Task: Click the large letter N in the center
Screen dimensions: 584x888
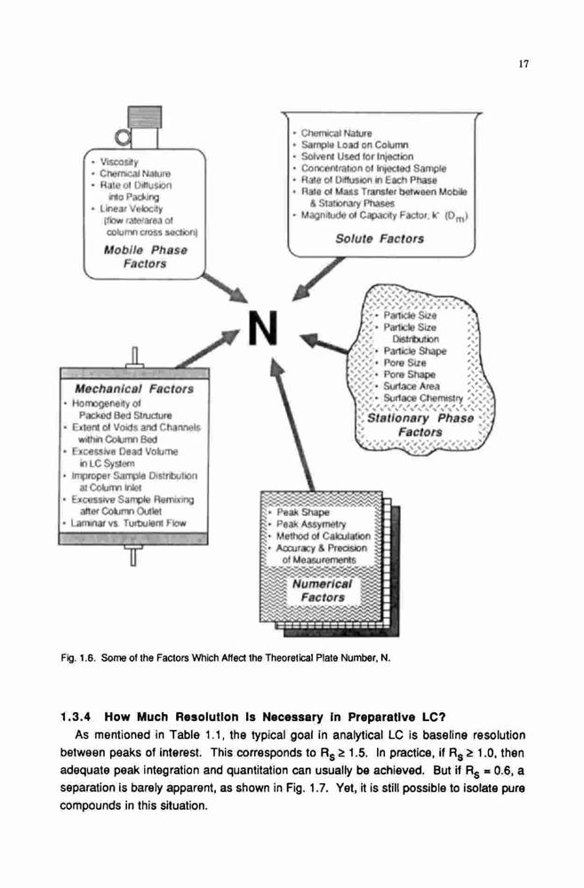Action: click(263, 328)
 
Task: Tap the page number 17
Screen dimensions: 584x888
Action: click(524, 63)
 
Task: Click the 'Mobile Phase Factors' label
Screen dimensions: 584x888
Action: click(145, 257)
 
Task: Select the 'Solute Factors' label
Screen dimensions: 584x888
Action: click(380, 238)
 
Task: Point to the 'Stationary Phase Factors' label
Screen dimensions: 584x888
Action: click(420, 424)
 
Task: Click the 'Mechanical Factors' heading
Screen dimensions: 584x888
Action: click(134, 389)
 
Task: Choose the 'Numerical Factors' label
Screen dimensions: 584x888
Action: click(323, 591)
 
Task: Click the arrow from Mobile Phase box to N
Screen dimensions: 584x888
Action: click(225, 288)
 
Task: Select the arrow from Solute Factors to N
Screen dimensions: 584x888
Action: click(317, 279)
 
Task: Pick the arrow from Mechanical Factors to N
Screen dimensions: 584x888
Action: click(210, 348)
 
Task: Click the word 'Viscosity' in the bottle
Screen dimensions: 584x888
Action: click(119, 162)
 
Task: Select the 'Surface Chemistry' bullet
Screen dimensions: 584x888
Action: click(423, 398)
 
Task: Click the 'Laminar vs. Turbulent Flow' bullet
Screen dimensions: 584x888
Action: click(128, 523)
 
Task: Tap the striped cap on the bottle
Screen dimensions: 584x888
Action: click(145, 116)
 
